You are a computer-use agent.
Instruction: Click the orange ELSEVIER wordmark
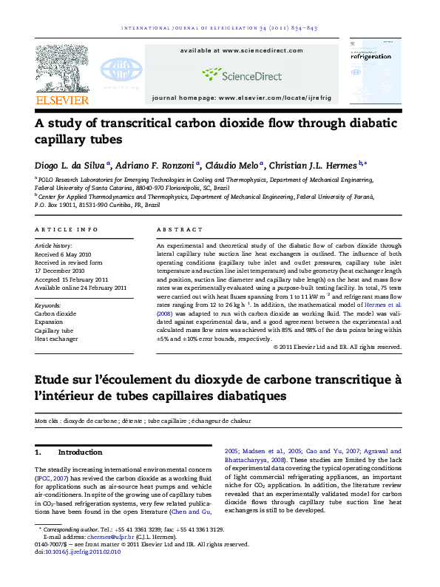point(63,99)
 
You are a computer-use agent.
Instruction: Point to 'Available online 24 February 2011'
point(81,288)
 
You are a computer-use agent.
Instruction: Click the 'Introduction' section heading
point(80,452)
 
